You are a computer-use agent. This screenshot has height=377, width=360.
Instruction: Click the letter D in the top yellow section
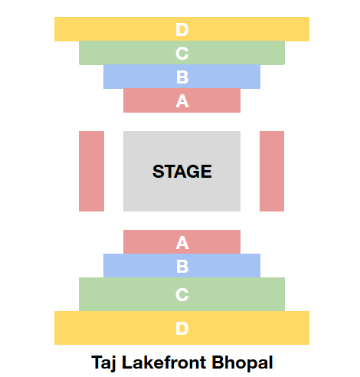pos(182,30)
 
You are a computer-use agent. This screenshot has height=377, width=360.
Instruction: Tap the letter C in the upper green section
pos(182,54)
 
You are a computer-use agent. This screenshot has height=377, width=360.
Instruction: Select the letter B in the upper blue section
pos(182,77)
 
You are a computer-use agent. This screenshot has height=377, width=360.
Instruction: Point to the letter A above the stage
pos(182,101)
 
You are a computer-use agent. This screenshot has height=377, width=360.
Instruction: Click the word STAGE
pos(182,171)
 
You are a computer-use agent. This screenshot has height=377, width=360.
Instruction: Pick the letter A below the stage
pos(182,242)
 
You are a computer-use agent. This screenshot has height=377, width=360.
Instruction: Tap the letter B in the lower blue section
pos(182,266)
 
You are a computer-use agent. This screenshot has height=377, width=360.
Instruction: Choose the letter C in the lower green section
pos(182,294)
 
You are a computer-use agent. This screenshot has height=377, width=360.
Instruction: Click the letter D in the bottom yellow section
pos(182,328)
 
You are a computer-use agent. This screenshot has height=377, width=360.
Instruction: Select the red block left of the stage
pos(91,171)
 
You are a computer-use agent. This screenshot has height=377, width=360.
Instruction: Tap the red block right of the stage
pos(272,171)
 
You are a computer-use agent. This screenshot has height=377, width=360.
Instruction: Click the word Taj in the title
pos(103,363)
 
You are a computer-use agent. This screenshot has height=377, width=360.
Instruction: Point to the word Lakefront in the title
pos(164,362)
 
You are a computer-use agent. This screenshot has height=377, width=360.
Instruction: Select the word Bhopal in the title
pos(242,363)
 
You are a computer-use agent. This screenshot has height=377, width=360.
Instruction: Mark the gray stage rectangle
pos(182,171)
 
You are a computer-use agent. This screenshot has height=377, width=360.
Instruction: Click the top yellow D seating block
pos(182,29)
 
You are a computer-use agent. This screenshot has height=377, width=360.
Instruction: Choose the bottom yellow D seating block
pos(182,328)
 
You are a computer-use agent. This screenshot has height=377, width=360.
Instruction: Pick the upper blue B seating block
pos(182,77)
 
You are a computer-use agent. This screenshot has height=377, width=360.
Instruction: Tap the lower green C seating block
pos(182,294)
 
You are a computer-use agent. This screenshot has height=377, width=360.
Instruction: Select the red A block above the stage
pos(182,100)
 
